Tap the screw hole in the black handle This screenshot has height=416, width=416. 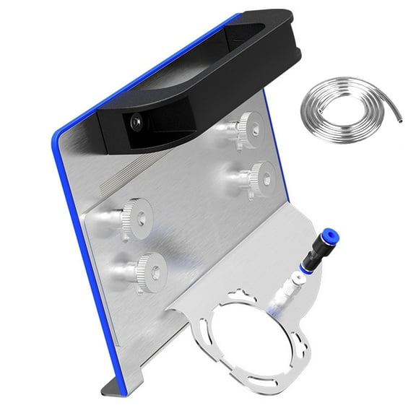point(136,124)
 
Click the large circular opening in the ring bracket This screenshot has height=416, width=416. point(260,332)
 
